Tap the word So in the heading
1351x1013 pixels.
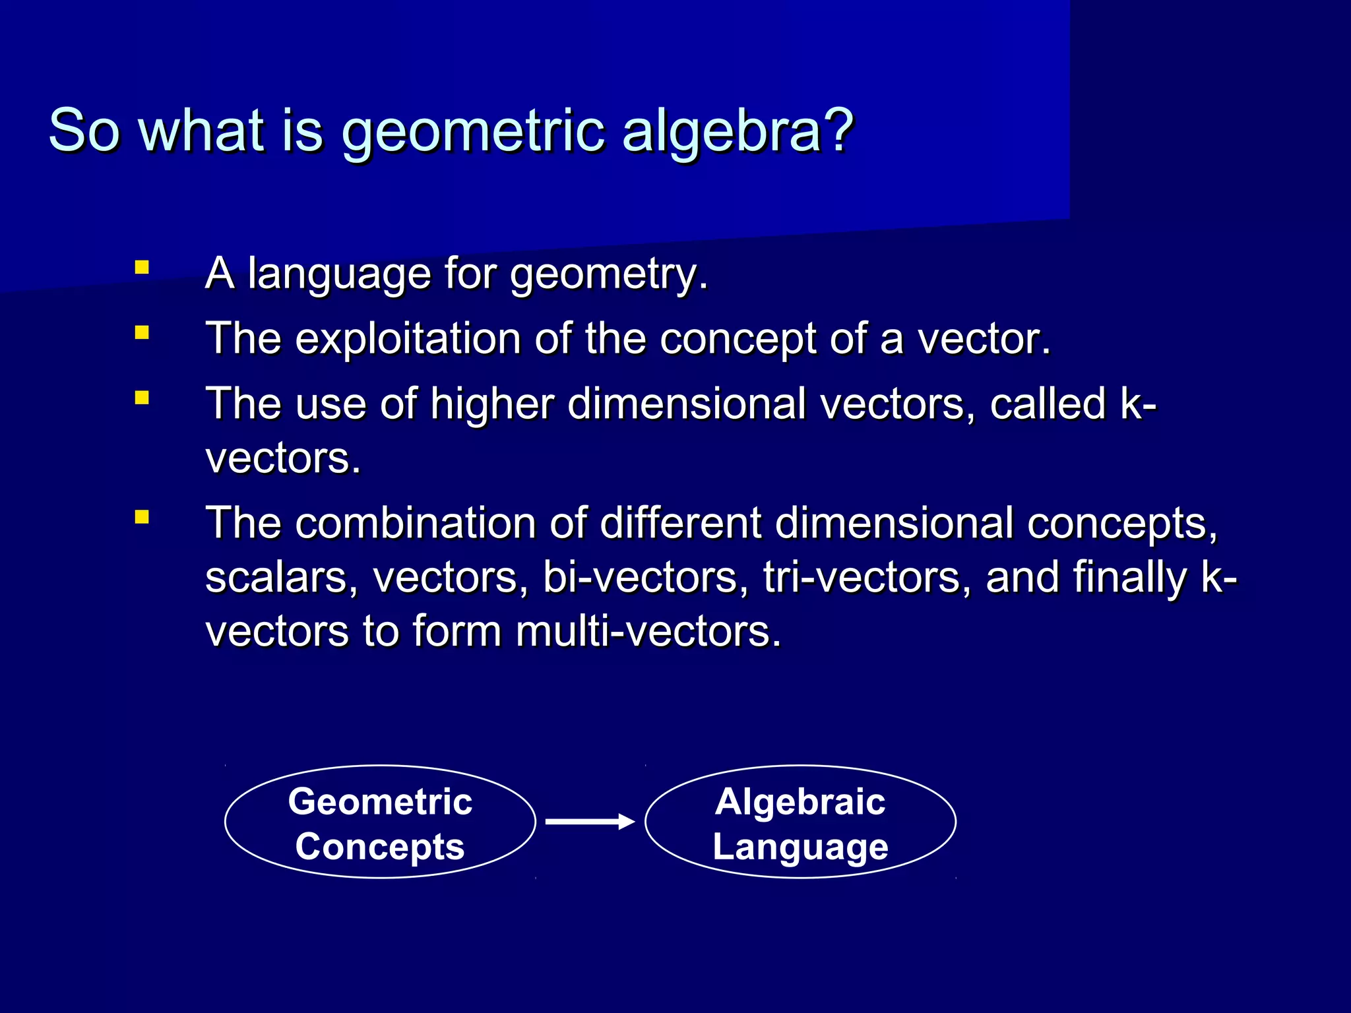pyautogui.click(x=84, y=130)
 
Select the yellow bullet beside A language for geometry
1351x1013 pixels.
pyautogui.click(x=141, y=268)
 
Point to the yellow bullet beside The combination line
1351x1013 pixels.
pyautogui.click(x=141, y=517)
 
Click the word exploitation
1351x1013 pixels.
pyautogui.click(x=408, y=339)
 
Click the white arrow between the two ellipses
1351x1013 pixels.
pyautogui.click(x=589, y=821)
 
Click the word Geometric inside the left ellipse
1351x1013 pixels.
pyautogui.click(x=380, y=801)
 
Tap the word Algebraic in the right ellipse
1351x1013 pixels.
pyautogui.click(x=800, y=801)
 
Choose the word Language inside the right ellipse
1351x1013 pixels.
pyautogui.click(x=800, y=847)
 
